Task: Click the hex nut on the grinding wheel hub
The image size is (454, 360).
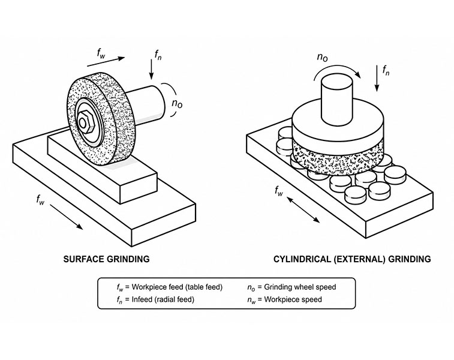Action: tap(86, 122)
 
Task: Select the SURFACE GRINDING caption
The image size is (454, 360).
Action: tap(106, 259)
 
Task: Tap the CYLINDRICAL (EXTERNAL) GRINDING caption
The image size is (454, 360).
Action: tap(352, 259)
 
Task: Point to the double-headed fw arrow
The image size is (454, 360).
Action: tap(303, 209)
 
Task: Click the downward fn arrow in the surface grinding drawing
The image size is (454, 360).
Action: tap(151, 69)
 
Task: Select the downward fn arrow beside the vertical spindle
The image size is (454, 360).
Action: tap(377, 78)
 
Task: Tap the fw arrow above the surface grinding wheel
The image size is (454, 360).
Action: tap(106, 62)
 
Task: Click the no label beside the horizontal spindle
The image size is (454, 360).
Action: tap(177, 103)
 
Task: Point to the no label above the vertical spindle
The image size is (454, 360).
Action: tap(322, 57)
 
